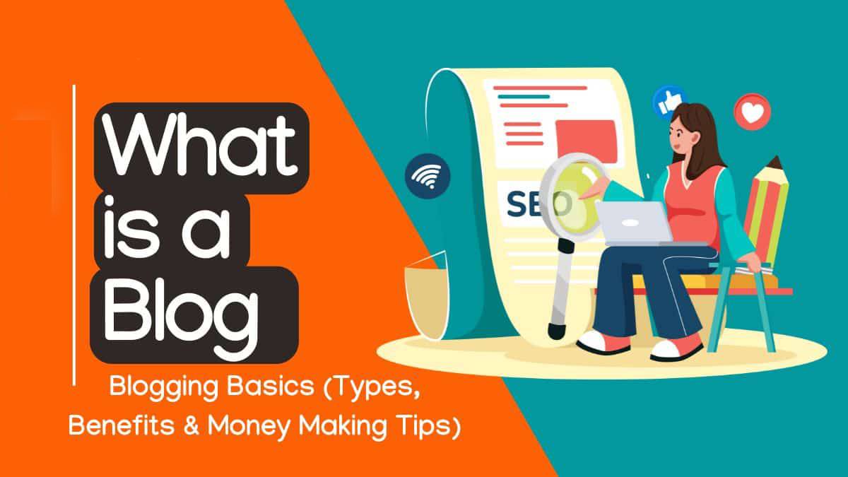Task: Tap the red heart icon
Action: (752, 110)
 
